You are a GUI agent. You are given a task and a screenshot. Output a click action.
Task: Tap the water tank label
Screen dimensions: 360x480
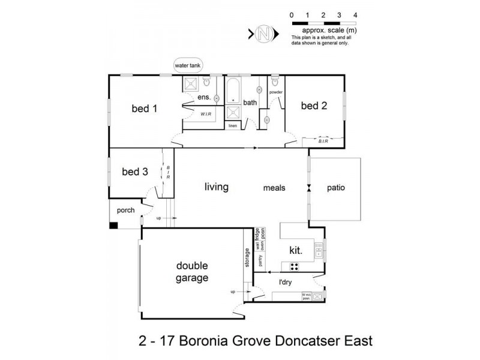pyautogui.click(x=186, y=65)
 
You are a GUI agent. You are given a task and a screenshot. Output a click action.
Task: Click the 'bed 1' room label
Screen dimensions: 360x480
pyautogui.click(x=145, y=109)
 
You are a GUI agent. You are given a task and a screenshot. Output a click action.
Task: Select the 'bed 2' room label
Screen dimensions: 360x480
pyautogui.click(x=314, y=106)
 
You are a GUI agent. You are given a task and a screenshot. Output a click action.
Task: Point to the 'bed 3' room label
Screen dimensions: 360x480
pyautogui.click(x=134, y=172)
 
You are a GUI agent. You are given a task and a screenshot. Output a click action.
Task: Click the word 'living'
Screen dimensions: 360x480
pyautogui.click(x=216, y=187)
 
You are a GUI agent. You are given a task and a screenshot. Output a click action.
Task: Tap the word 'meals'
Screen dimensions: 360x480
pyautogui.click(x=274, y=188)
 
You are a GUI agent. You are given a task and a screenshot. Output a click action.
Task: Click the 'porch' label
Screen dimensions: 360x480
pyautogui.click(x=125, y=211)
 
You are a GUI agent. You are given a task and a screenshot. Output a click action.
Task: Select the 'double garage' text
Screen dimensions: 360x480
pyautogui.click(x=192, y=272)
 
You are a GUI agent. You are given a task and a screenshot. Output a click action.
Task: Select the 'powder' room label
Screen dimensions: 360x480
pyautogui.click(x=275, y=92)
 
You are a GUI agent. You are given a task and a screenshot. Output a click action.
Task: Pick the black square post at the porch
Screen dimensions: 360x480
pyautogui.click(x=113, y=226)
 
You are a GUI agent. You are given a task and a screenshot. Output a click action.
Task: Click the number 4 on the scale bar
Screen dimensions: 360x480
pyautogui.click(x=356, y=14)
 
